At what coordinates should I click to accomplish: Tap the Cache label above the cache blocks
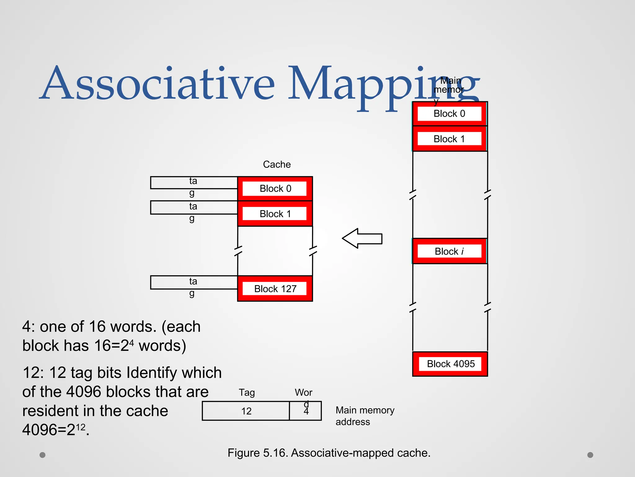pyautogui.click(x=277, y=164)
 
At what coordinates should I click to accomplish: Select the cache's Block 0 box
pyautogui.click(x=275, y=189)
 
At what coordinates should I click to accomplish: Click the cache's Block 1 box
pyautogui.click(x=275, y=214)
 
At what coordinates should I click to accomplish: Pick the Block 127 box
pyautogui.click(x=275, y=288)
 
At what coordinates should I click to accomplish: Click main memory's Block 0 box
pyautogui.click(x=449, y=114)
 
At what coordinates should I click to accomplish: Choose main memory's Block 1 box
pyautogui.click(x=449, y=139)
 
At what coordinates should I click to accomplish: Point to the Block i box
pyautogui.click(x=449, y=251)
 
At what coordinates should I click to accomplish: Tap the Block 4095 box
pyautogui.click(x=450, y=364)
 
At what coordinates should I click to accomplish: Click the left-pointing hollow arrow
pyautogui.click(x=362, y=238)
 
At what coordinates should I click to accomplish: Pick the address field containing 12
pyautogui.click(x=246, y=411)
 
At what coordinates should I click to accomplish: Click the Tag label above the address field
pyautogui.click(x=247, y=393)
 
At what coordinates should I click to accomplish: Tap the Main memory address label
pyautogui.click(x=365, y=416)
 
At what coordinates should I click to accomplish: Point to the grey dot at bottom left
pyautogui.click(x=42, y=455)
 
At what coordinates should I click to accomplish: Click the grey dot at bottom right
pyautogui.click(x=590, y=455)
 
